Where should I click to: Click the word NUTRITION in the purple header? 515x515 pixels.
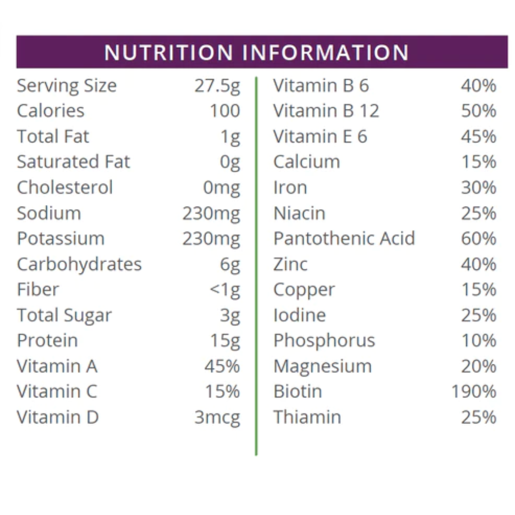click(169, 52)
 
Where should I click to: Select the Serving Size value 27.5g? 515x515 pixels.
click(217, 86)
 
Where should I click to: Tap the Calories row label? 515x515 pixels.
click(50, 111)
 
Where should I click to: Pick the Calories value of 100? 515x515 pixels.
click(225, 111)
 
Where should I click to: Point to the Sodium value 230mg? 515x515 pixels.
click(211, 213)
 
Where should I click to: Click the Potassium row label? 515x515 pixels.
click(61, 239)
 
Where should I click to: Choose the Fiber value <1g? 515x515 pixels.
click(225, 290)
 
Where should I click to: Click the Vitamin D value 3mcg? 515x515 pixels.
click(217, 417)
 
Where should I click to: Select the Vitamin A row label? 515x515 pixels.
click(57, 366)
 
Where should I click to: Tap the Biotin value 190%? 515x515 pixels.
click(474, 392)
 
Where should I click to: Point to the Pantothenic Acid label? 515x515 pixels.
click(344, 239)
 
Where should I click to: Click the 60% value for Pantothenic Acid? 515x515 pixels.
click(479, 239)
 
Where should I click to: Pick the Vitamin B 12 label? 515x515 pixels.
click(326, 111)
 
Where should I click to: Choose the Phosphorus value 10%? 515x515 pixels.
click(479, 341)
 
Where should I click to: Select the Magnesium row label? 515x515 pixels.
click(322, 366)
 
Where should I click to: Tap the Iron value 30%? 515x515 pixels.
click(479, 188)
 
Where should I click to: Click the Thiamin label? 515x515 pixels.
click(307, 417)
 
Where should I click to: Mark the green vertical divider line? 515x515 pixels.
click(256, 267)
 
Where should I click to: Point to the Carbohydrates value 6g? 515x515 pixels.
click(230, 264)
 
